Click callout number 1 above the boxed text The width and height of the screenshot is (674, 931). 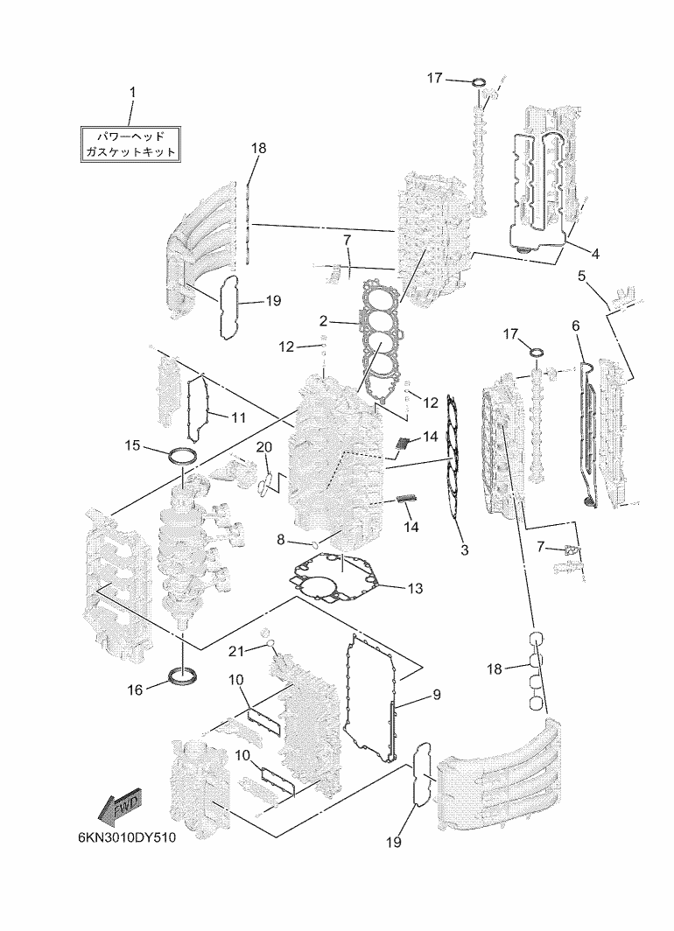tap(133, 93)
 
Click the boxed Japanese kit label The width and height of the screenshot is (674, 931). tap(130, 143)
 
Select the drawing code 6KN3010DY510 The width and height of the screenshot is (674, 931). tap(127, 837)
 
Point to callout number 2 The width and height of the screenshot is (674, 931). tap(323, 321)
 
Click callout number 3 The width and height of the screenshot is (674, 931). tap(465, 549)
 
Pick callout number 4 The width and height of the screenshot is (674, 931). tap(595, 254)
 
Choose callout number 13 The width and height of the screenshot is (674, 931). tap(415, 588)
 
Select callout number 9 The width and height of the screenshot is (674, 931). tap(437, 694)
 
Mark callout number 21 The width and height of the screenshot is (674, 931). tap(236, 651)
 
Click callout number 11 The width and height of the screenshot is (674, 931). tap(238, 417)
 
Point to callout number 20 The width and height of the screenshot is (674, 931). tap(263, 446)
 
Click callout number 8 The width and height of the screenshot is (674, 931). tap(281, 539)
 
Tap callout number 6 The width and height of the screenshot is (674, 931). tap(575, 326)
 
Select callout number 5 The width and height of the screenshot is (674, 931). tap(581, 276)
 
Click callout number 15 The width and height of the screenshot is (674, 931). tap(133, 444)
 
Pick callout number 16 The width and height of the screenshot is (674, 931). tap(135, 689)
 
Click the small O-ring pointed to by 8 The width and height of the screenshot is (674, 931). tap(316, 543)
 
